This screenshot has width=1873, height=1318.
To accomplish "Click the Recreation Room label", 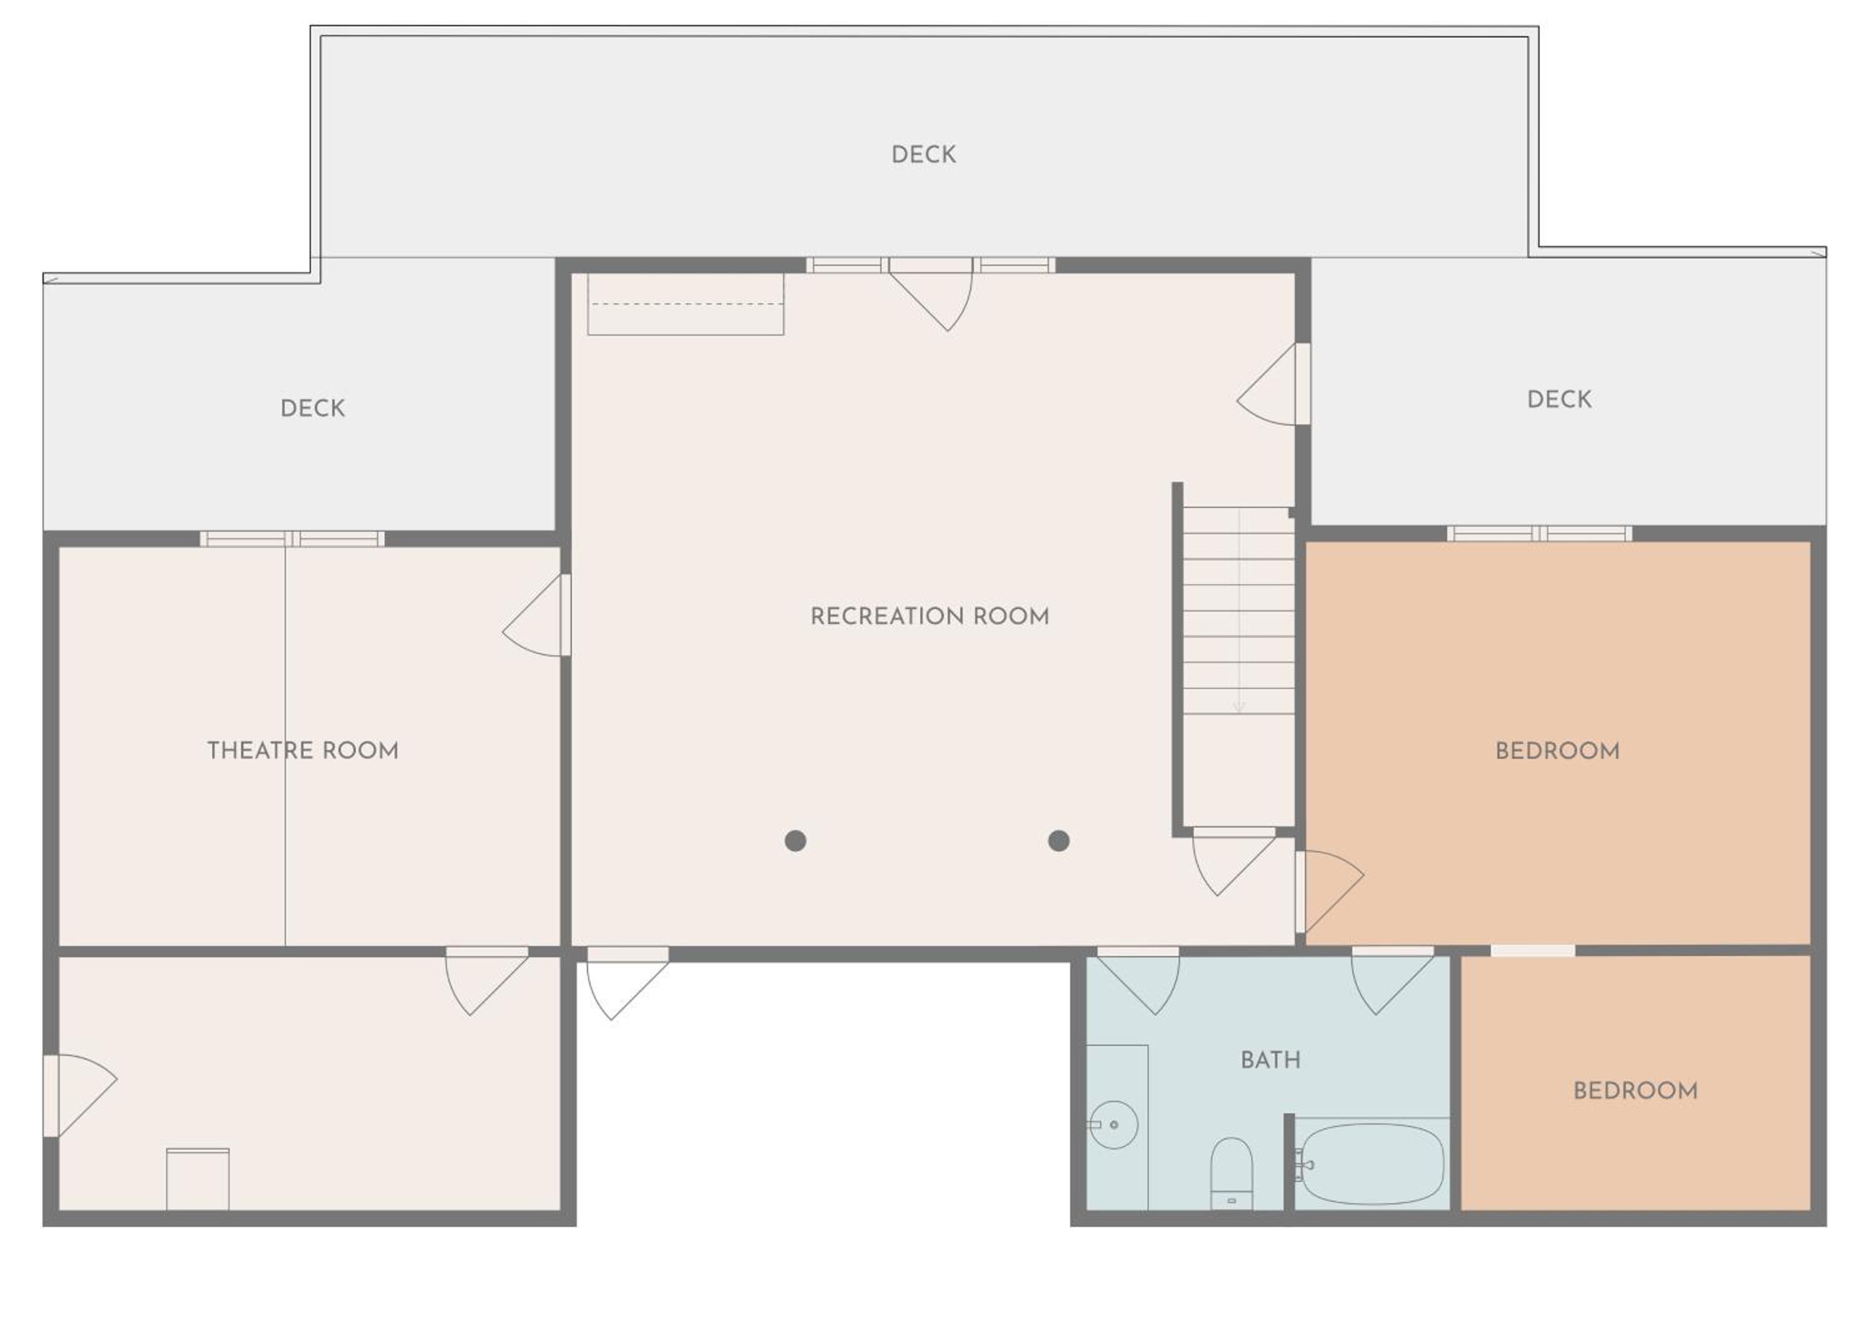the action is click(929, 617).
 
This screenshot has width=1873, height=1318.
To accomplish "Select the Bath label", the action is click(1270, 1060).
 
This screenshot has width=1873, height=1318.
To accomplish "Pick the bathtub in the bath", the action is click(1370, 1164).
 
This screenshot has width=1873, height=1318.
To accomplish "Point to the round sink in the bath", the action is click(1114, 1125).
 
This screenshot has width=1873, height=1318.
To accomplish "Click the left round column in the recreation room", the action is click(795, 841).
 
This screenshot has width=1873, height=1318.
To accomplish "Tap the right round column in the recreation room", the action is click(1059, 841).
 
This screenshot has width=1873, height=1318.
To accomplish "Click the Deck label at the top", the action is click(923, 155).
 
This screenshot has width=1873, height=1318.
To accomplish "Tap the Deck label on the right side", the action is click(1559, 399).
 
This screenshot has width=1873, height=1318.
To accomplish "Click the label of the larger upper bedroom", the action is click(1557, 751).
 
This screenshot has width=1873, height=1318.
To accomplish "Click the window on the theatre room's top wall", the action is click(292, 539).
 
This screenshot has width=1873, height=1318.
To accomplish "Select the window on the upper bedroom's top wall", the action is click(1540, 534).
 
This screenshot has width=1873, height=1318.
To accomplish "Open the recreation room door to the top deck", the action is click(931, 293).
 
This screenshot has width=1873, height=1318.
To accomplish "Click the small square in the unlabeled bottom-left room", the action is click(197, 1179).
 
